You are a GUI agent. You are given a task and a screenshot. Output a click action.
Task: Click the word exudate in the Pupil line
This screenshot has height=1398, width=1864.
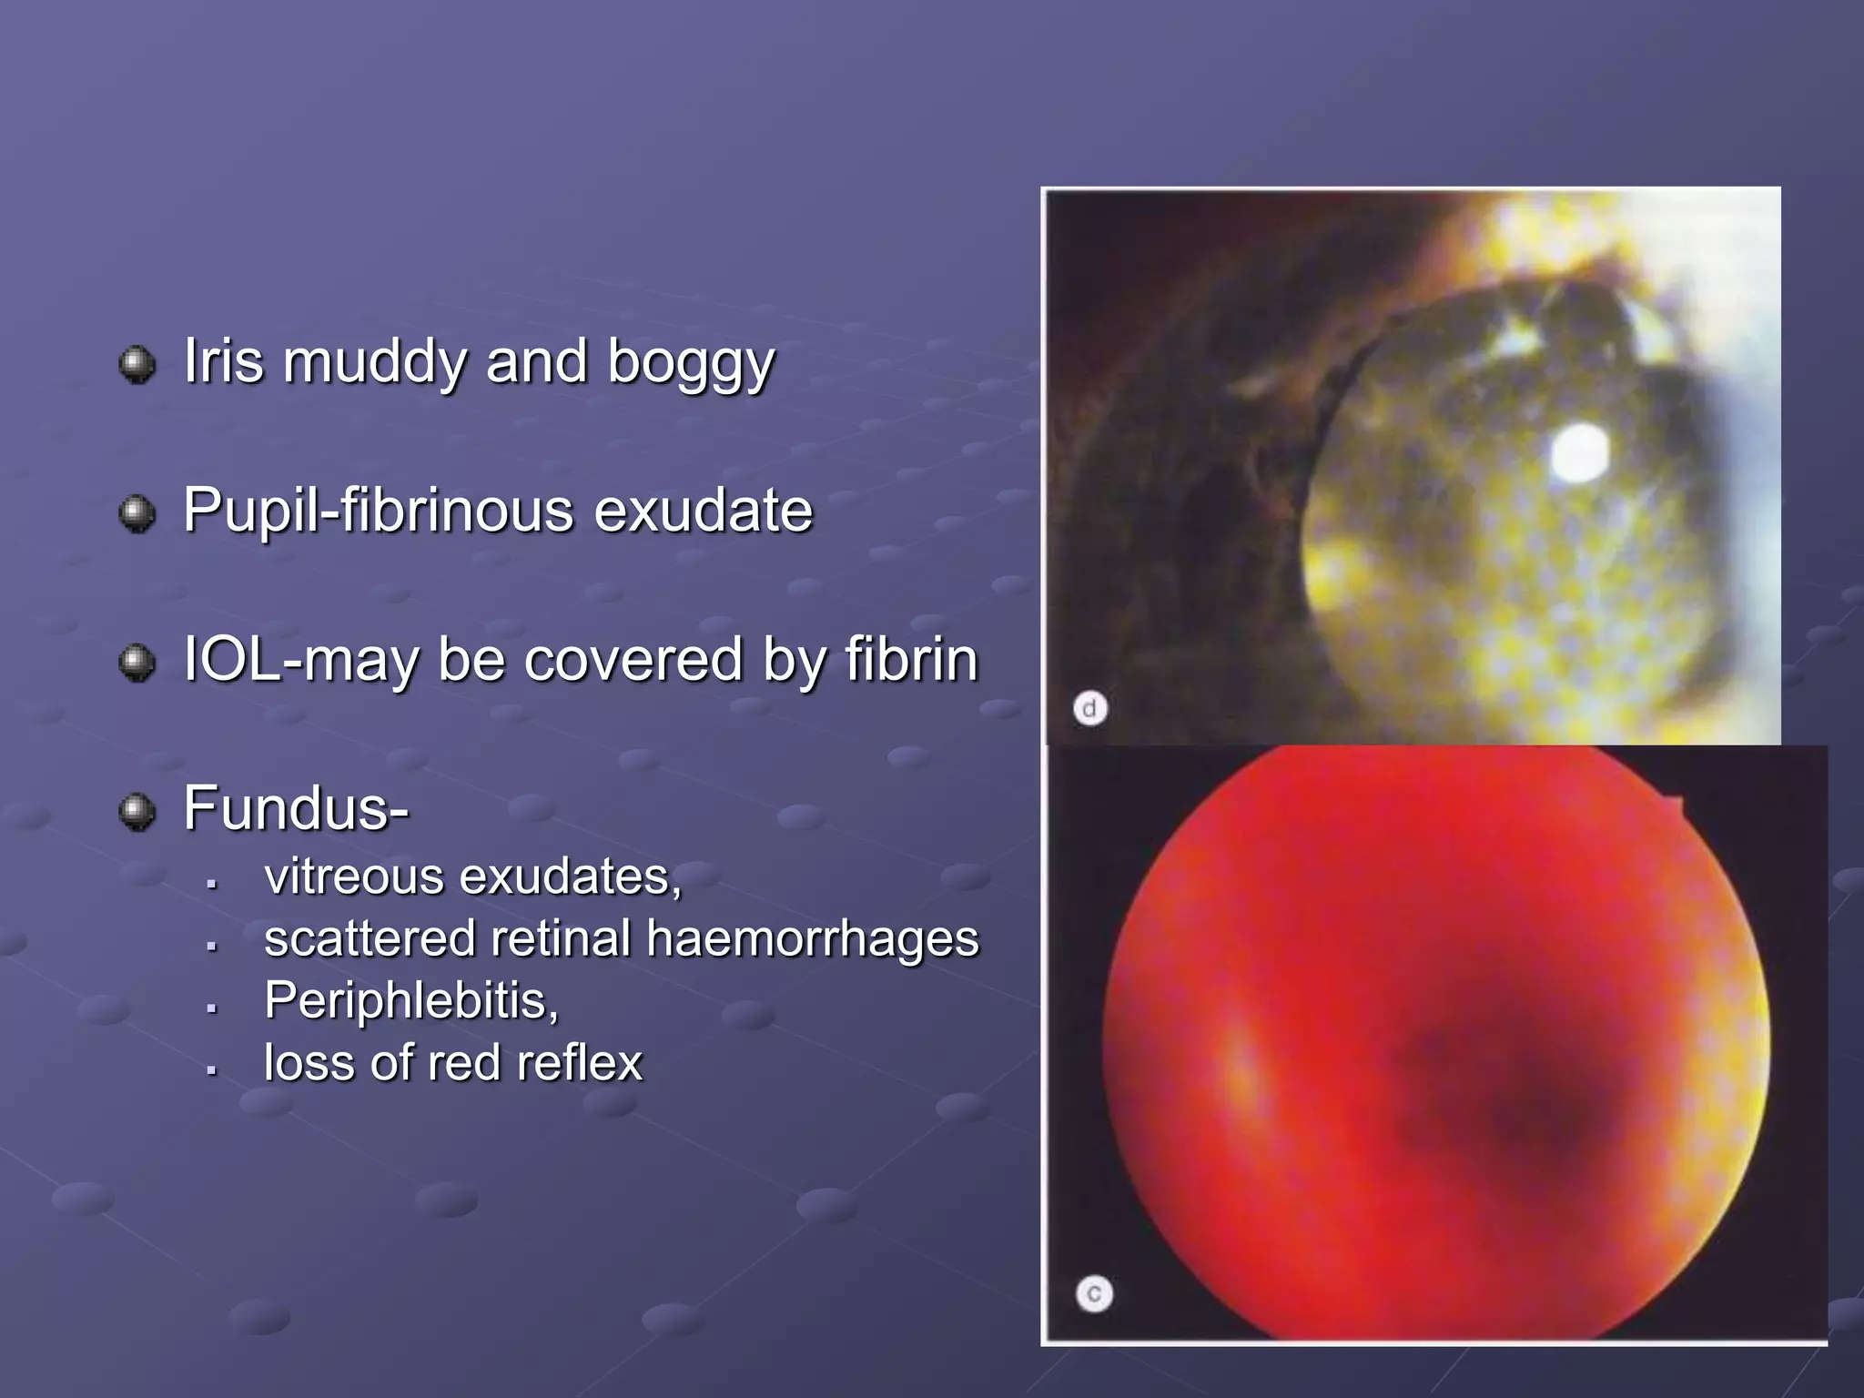point(703,511)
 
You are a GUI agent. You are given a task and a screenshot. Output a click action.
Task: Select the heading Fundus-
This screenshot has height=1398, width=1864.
point(296,809)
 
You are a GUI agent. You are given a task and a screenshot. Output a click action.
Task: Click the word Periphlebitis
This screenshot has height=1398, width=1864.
point(410,1001)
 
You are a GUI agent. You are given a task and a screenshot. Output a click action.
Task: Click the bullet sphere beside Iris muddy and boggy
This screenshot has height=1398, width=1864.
point(137,365)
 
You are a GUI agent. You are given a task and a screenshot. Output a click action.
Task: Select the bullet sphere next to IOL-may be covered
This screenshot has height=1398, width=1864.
point(137,663)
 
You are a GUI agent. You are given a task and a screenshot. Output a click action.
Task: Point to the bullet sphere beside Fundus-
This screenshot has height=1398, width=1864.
point(137,812)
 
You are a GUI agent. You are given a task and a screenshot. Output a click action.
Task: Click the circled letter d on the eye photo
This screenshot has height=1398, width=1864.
point(1089,708)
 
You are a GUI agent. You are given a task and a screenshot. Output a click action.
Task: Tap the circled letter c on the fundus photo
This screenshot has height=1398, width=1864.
point(1094,1293)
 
